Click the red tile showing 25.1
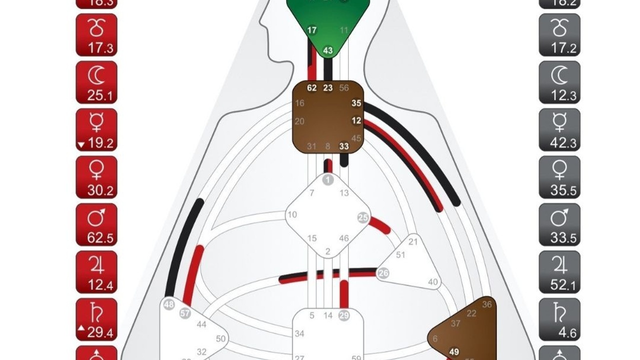(x=96, y=82)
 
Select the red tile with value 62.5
(x=96, y=224)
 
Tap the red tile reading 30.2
(x=96, y=177)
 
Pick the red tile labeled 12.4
(x=96, y=272)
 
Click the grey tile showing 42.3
(x=559, y=129)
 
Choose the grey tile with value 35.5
(x=559, y=177)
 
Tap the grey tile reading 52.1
(x=559, y=272)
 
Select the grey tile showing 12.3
(x=559, y=82)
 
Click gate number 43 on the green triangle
(x=328, y=50)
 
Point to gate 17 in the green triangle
(x=312, y=30)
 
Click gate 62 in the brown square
(x=312, y=88)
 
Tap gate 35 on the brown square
(x=356, y=103)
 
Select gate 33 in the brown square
(x=344, y=146)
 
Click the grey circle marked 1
(x=328, y=180)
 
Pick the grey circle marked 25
(x=363, y=217)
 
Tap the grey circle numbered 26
(x=383, y=273)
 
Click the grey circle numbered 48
(x=169, y=304)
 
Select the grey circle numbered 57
(x=185, y=313)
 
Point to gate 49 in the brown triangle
(x=454, y=352)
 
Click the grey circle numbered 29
(x=344, y=315)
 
